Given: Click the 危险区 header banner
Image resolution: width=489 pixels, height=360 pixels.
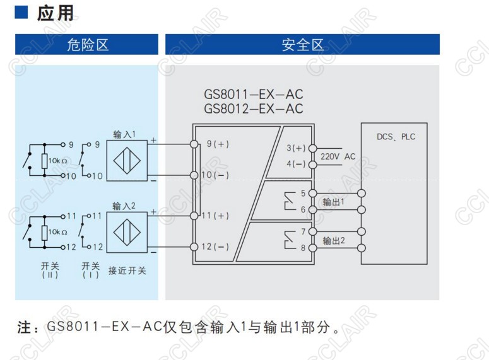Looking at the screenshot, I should coord(87,44).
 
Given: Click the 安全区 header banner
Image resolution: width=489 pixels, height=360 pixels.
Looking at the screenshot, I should coord(302,44).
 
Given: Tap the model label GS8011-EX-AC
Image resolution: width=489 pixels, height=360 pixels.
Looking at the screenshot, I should coord(253,95).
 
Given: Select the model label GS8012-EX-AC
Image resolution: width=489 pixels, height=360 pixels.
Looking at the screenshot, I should coord(253,108).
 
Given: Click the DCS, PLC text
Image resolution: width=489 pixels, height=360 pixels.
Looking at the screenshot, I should coord(396,137).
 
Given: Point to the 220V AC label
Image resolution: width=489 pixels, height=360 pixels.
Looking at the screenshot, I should coord(338,156).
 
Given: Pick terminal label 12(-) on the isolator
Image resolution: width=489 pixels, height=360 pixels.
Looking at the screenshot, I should coord(215,247).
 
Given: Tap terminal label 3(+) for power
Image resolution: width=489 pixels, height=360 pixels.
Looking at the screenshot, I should coord(295,148).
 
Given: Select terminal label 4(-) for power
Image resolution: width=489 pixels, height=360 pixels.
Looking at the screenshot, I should coord(295,164).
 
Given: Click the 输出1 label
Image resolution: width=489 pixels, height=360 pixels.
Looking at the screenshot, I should coord(333,202).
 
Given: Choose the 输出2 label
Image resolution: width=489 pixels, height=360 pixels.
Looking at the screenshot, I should coord(333,240).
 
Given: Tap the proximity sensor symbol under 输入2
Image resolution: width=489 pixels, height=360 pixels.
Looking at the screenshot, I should coord(126,231).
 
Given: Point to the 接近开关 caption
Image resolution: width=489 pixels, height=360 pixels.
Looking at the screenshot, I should coord(127,270).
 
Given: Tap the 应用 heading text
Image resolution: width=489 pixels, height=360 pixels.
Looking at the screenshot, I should coord(55,13).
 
